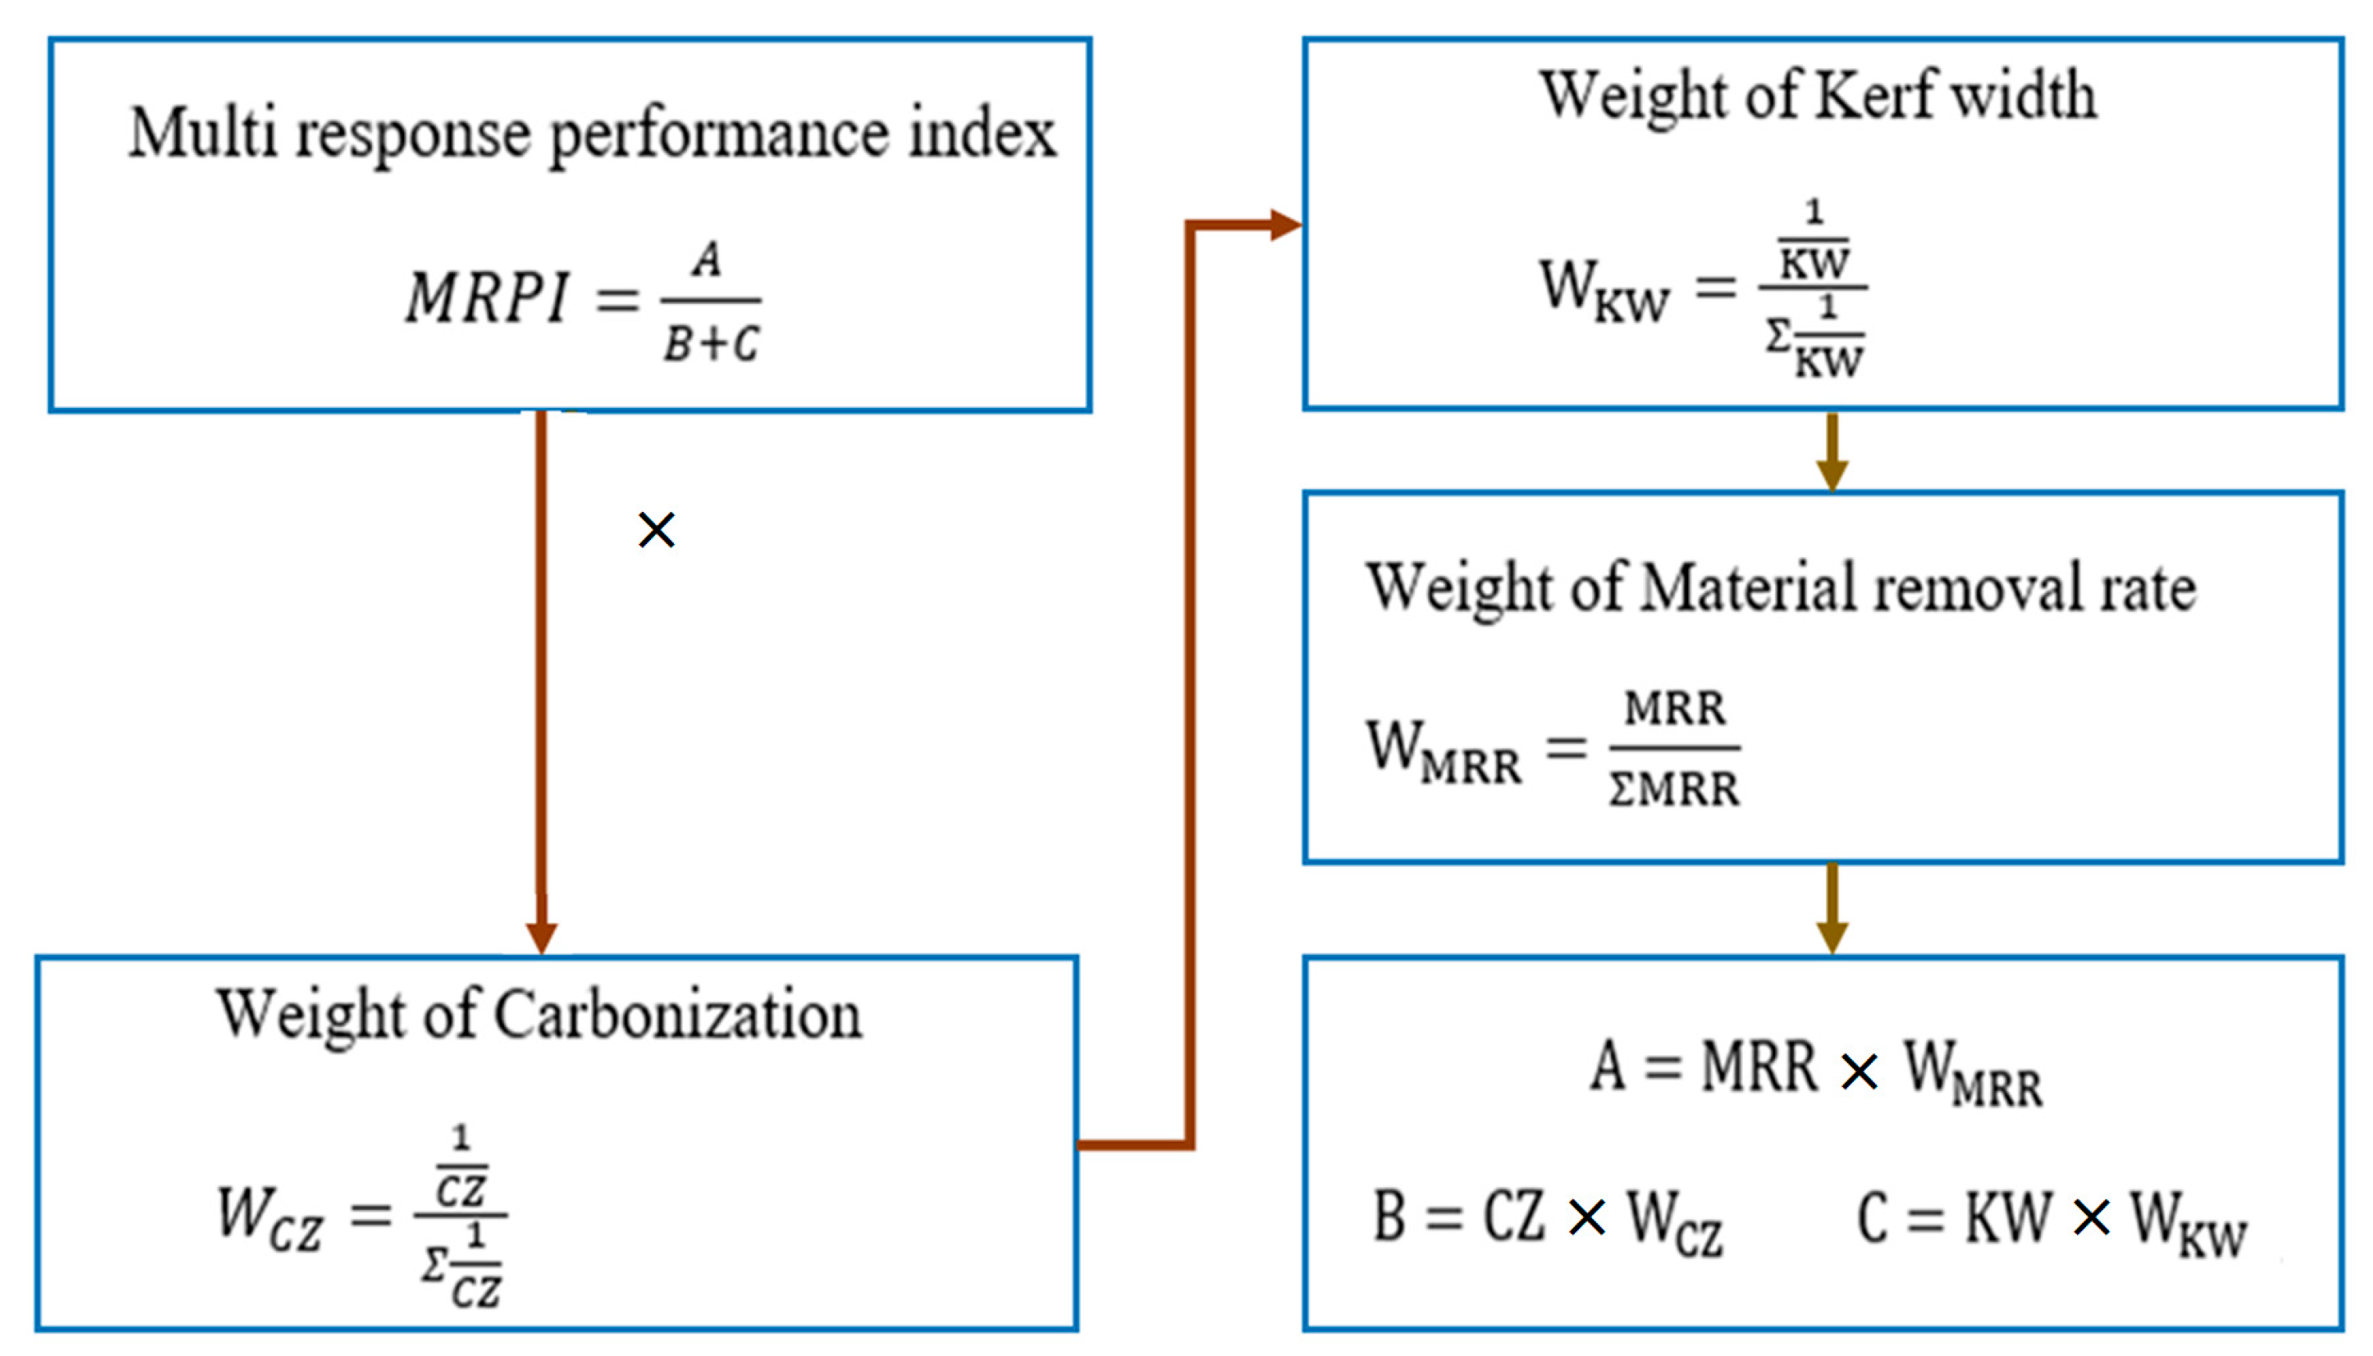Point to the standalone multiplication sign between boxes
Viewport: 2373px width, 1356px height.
pos(657,530)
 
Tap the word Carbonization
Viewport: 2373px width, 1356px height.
pos(677,1014)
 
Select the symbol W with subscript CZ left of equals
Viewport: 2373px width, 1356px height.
pos(268,1216)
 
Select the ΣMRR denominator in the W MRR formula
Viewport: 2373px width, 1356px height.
pos(1674,789)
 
